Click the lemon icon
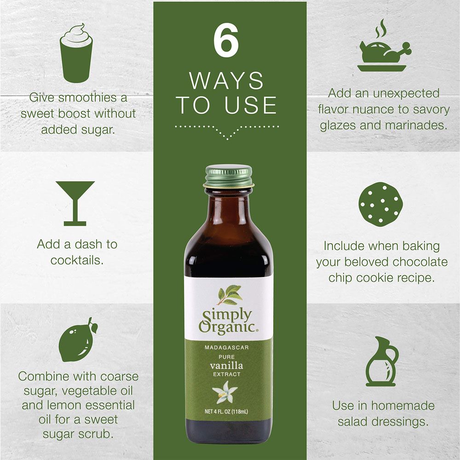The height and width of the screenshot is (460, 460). coord(78,340)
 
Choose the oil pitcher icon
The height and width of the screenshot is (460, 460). coord(381,362)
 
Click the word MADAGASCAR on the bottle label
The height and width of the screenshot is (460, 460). coord(227,348)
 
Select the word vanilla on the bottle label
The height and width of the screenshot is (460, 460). coord(226,366)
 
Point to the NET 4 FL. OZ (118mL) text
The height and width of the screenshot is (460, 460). coord(226,412)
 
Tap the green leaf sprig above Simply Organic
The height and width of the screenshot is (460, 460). coord(230,294)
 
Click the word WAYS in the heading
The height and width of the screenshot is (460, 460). coord(226,80)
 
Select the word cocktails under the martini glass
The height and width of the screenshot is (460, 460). coord(77,260)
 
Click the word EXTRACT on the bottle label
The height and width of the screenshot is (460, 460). coord(227,374)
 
